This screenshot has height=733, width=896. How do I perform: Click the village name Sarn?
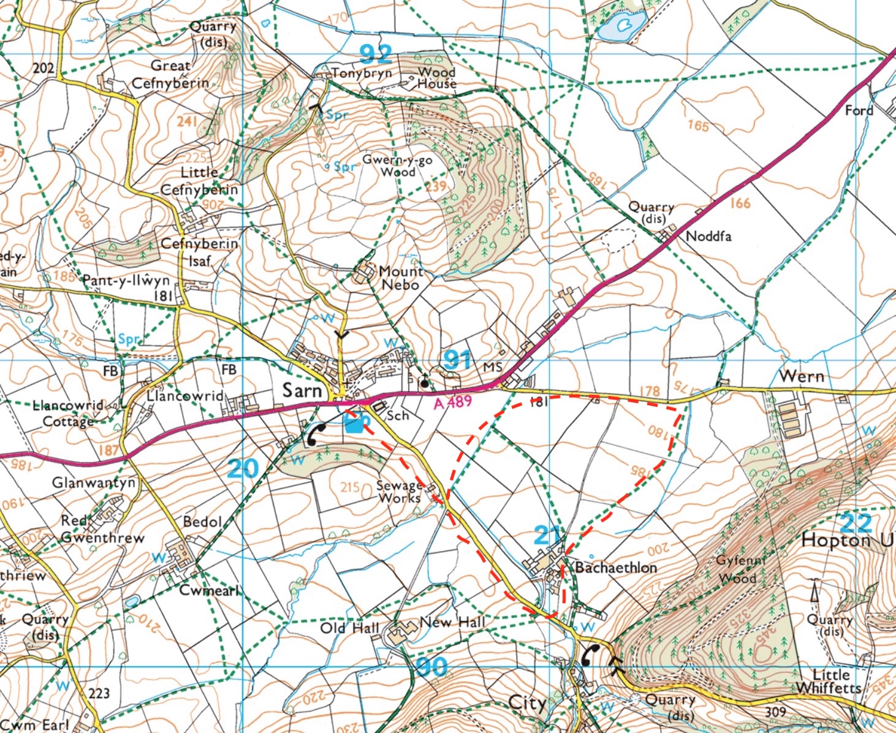[302, 390]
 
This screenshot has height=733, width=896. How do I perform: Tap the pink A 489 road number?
[452, 402]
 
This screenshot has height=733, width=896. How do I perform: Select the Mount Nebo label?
[401, 278]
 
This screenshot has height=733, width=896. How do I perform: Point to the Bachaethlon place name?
[615, 568]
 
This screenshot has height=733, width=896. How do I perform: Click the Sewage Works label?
[399, 492]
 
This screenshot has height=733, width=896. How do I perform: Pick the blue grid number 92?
[375, 54]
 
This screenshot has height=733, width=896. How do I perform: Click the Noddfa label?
[708, 236]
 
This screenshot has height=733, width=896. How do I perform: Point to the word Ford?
[859, 110]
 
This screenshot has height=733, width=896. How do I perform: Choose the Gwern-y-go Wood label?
[397, 165]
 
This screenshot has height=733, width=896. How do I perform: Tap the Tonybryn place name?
[362, 73]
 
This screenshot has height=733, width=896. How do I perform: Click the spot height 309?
[775, 712]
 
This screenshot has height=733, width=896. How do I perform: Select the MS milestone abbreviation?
[492, 367]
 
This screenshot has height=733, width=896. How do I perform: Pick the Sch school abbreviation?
[397, 416]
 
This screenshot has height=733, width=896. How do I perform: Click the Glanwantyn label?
[93, 483]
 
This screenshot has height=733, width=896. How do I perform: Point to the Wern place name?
[802, 376]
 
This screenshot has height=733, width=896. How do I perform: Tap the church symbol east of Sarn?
[424, 381]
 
